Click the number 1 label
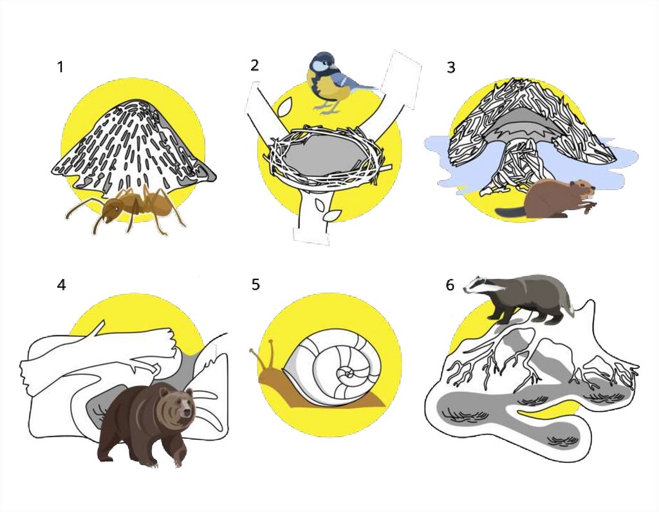(60, 67)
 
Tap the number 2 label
(254, 65)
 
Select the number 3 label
(450, 68)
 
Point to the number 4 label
(61, 285)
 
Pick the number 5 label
(255, 285)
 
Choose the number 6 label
(450, 285)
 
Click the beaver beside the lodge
(546, 198)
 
